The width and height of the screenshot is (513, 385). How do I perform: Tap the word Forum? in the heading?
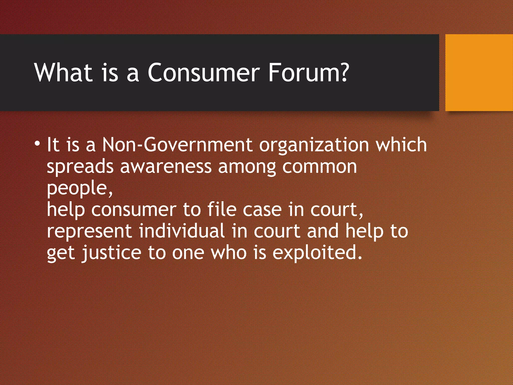(x=308, y=72)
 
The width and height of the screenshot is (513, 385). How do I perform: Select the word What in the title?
(x=64, y=72)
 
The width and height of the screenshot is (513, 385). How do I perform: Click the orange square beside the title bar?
(x=479, y=72)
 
